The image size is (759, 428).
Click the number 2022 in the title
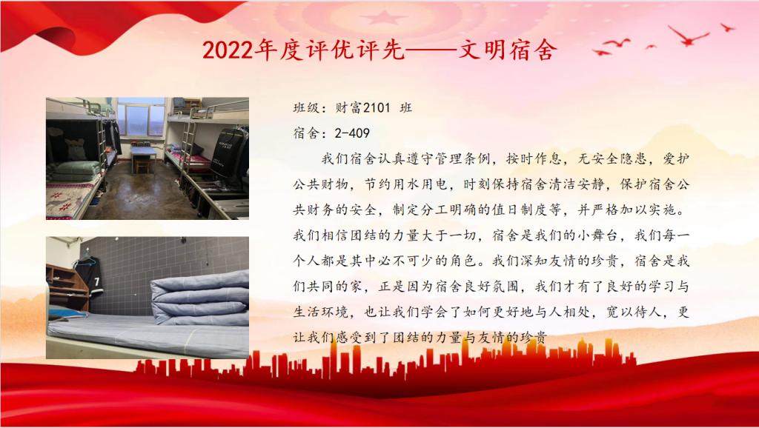click(x=228, y=50)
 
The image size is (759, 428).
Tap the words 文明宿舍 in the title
click(x=507, y=50)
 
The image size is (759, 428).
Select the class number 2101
click(x=376, y=107)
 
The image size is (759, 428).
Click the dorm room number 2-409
click(x=352, y=133)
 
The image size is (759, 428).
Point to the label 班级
click(x=306, y=107)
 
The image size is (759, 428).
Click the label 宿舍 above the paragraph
click(x=306, y=133)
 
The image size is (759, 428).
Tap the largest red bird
click(x=688, y=36)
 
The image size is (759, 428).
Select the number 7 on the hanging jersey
click(x=97, y=281)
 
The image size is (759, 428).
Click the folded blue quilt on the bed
click(x=200, y=298)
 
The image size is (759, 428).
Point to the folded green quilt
click(x=76, y=171)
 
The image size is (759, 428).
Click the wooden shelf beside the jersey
click(x=67, y=287)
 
